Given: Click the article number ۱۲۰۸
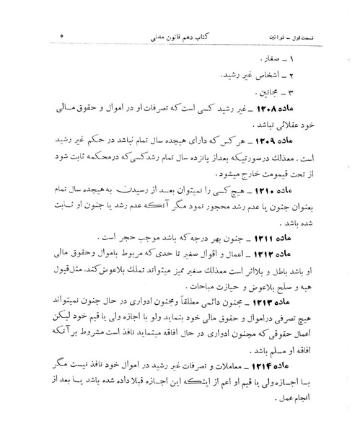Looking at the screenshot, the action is [x=291, y=108].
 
